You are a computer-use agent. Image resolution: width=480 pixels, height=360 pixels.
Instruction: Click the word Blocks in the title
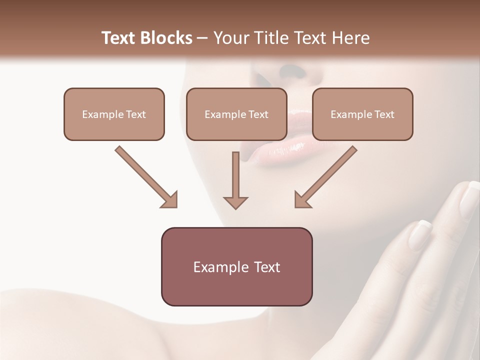(x=167, y=38)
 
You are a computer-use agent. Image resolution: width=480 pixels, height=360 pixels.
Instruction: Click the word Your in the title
(x=230, y=38)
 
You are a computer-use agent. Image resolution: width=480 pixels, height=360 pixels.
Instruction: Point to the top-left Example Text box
(x=114, y=114)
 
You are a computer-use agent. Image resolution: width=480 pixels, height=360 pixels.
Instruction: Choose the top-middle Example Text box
(x=236, y=114)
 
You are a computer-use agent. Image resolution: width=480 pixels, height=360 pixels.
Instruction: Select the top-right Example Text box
(x=362, y=114)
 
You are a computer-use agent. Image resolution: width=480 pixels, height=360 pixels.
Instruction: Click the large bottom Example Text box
(x=236, y=266)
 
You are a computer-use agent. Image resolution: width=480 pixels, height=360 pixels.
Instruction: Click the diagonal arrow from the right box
(x=325, y=176)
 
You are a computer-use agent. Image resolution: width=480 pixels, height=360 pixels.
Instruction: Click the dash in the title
(x=202, y=38)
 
